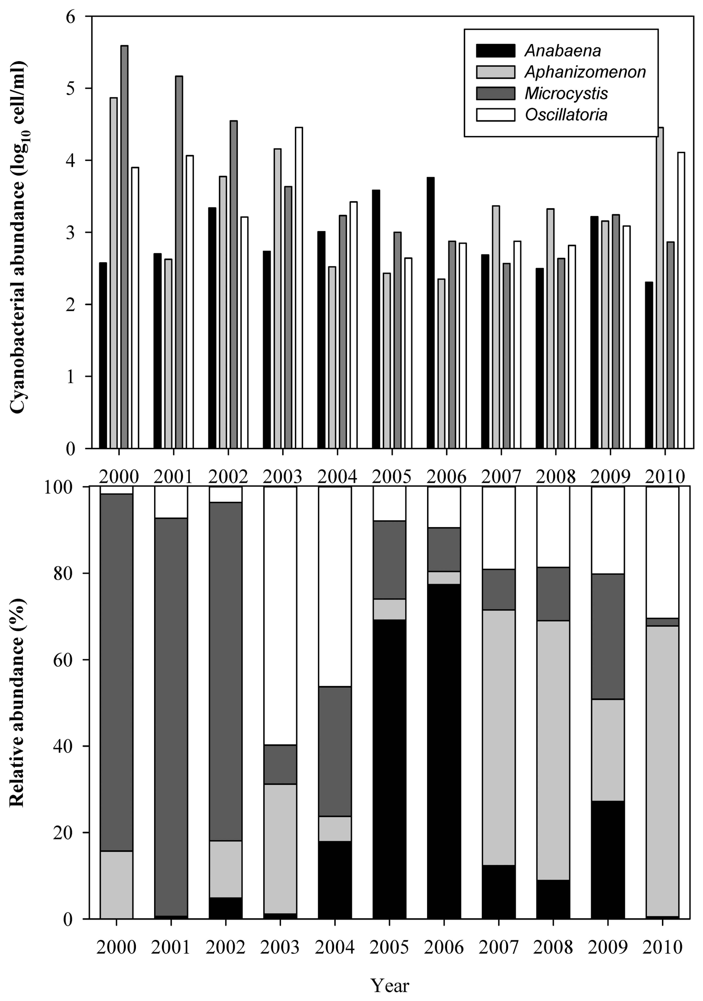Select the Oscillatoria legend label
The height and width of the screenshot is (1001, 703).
tap(566, 115)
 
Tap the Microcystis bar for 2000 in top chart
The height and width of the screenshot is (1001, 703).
tap(124, 246)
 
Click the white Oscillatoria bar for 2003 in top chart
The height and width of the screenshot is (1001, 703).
tap(299, 288)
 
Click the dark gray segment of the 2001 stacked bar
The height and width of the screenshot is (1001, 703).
tap(171, 715)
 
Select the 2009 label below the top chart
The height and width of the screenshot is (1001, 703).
tap(610, 477)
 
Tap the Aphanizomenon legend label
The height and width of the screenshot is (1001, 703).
tap(585, 72)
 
